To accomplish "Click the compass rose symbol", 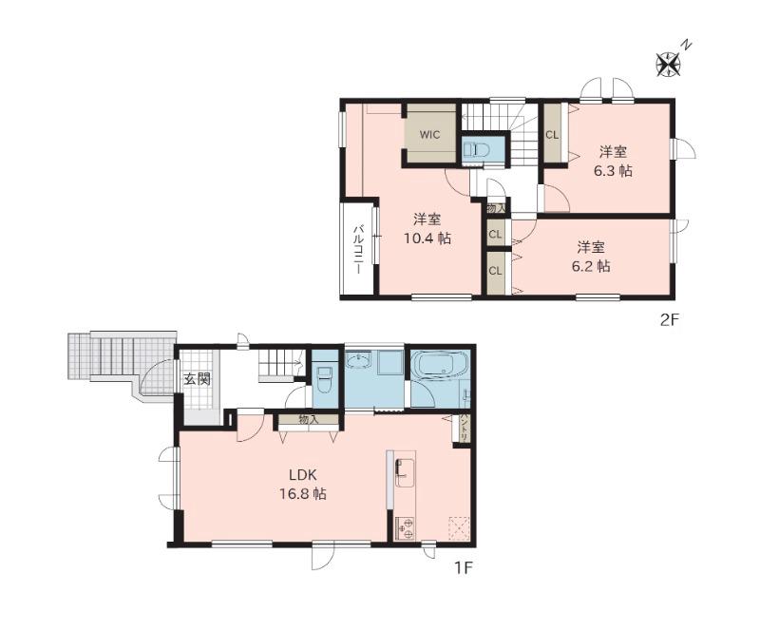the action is coord(669,64).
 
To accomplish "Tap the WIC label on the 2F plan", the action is coord(430,134).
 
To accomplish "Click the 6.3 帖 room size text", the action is coord(613,171).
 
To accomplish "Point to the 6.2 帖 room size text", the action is coord(590,266).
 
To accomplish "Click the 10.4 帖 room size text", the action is coord(427,238).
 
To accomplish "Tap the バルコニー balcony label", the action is coord(358,249).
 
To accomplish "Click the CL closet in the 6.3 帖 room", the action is coord(552,134).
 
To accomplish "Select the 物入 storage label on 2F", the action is coord(496,208).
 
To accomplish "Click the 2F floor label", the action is coord(671,320).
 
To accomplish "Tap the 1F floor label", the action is coord(463,567).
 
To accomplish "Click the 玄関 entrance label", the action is coord(198,379).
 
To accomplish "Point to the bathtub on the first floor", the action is coord(439,363).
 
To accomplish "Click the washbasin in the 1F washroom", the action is coord(359,359).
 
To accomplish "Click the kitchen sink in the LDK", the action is coord(406,471).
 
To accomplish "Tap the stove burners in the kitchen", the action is coord(405,528).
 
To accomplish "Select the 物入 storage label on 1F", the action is coord(308,420).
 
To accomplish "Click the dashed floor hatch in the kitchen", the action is coord(459,527).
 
